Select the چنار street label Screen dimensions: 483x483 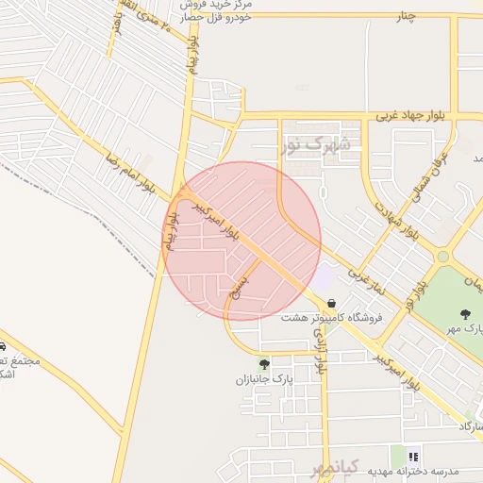coord(405,16)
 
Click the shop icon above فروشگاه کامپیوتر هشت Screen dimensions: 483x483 coord(330,303)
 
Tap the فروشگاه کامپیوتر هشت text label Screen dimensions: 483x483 coord(332,318)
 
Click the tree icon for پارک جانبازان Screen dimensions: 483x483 coord(264,364)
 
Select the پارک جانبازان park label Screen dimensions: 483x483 coord(265,379)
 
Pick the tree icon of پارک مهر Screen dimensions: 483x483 coord(464,314)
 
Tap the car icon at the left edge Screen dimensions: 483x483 coord(3,346)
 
